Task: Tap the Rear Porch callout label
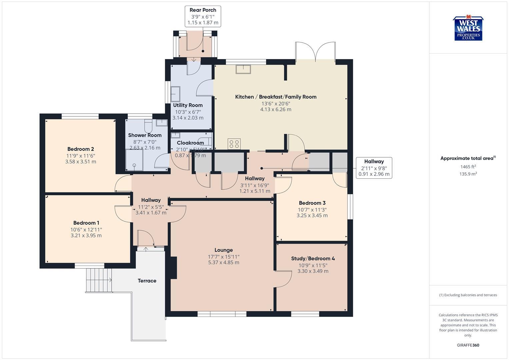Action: pos(203,16)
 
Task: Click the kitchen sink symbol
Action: pos(244,69)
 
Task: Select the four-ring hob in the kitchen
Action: pos(234,144)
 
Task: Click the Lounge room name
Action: pos(224,250)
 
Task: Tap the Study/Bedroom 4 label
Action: pos(313,258)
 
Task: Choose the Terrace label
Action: pos(147,281)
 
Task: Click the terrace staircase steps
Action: pos(99,279)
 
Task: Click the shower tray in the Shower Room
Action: pos(134,160)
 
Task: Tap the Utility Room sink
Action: pos(175,94)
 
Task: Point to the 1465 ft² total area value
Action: pos(468,167)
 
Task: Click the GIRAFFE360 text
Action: pos(468,345)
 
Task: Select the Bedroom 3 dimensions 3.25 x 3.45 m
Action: pos(312,216)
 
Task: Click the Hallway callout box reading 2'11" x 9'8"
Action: pos(374,168)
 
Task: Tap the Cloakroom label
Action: pos(190,143)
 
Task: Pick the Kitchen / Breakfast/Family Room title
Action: pos(276,97)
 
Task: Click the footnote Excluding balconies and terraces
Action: pos(468,295)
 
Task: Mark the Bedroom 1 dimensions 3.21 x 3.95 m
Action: pos(86,236)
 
